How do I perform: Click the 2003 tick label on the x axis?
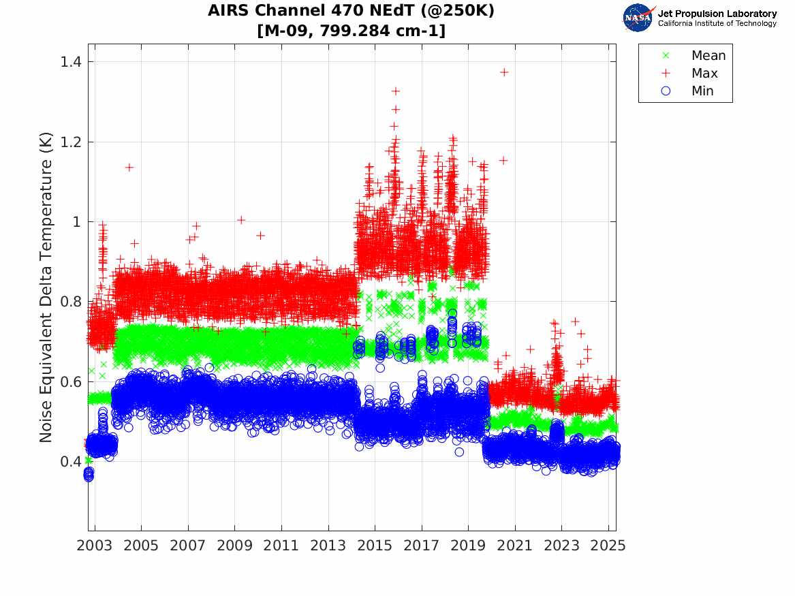tap(95, 546)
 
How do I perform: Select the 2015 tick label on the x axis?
tap(375, 546)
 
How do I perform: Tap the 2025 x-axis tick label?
tap(608, 546)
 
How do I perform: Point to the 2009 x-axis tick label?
tap(235, 546)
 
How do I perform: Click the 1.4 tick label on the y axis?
tap(68, 62)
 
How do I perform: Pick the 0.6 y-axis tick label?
tap(68, 381)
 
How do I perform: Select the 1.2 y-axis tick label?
tap(68, 142)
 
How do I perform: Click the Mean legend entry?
tap(708, 56)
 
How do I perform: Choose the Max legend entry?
tap(704, 74)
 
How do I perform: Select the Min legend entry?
tap(702, 91)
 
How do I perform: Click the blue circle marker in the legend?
tap(666, 91)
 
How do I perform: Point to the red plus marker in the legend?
tap(666, 74)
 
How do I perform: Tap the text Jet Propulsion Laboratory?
tap(717, 14)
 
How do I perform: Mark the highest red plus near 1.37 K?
tap(504, 72)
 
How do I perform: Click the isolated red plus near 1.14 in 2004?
tap(129, 167)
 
